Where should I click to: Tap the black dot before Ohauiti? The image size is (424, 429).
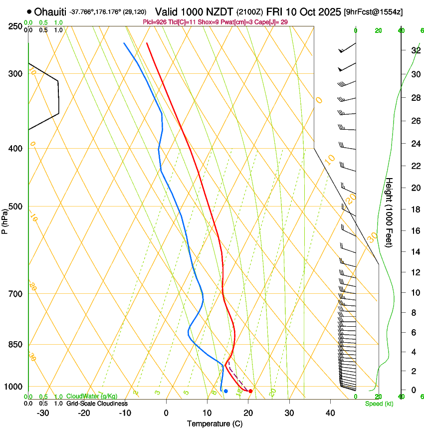point(30,11)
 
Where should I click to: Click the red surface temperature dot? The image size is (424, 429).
point(250,391)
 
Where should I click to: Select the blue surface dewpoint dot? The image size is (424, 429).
point(226,391)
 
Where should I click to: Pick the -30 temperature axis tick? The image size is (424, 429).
point(43,413)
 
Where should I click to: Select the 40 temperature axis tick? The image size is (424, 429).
point(330,413)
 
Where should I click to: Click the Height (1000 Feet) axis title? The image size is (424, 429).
point(390,213)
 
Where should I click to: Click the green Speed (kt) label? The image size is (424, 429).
point(379,404)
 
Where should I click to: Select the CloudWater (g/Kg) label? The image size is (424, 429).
point(92,397)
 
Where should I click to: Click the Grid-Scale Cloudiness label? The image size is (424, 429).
point(97,403)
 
